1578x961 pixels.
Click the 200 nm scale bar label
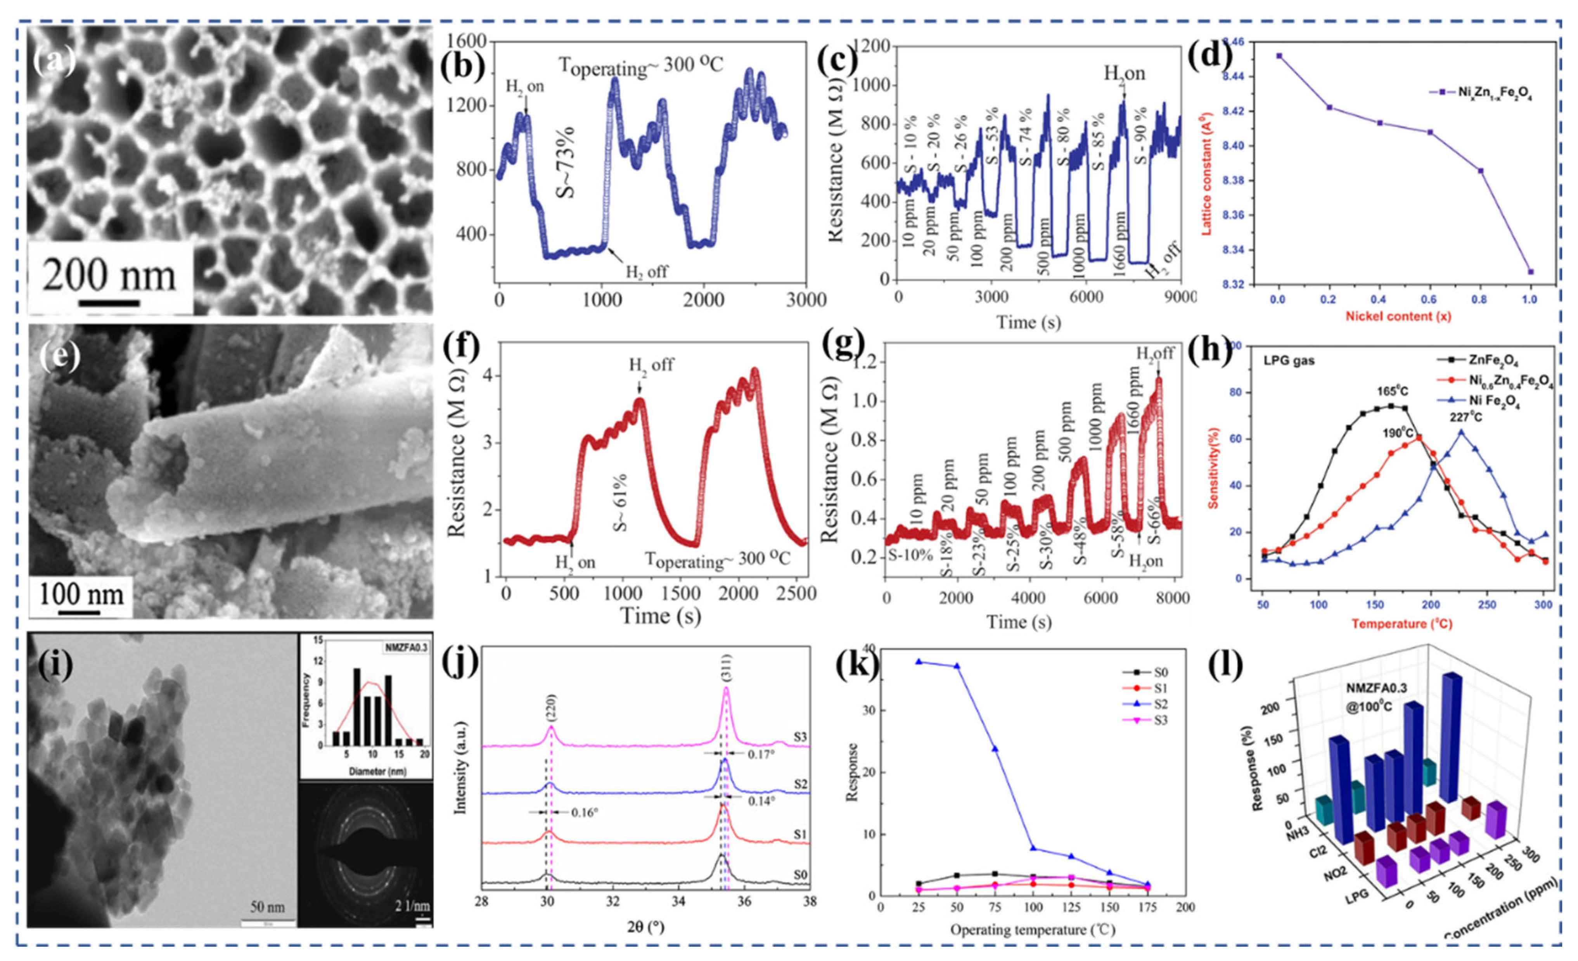point(109,276)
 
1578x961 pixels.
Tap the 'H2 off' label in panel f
point(651,365)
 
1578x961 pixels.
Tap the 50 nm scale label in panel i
point(267,907)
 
